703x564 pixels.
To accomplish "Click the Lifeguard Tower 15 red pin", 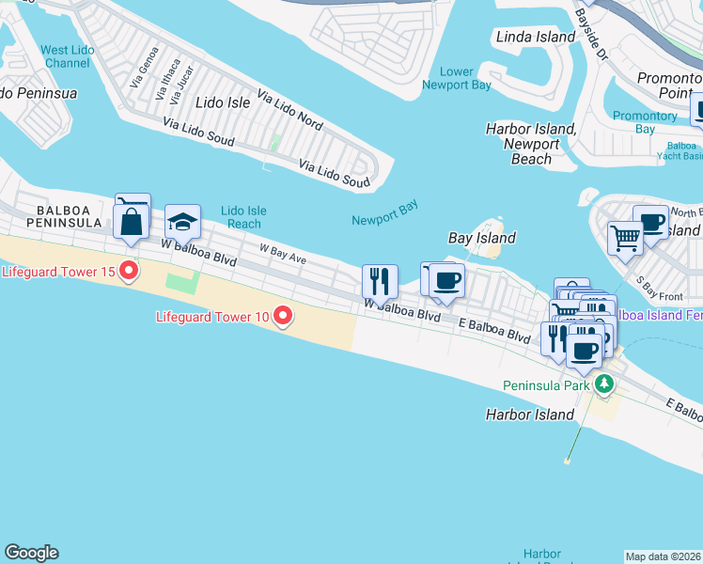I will pos(128,273).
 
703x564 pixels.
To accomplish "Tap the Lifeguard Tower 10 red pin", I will pos(282,317).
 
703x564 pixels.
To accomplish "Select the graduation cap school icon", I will pos(182,222).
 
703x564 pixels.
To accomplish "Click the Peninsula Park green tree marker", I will pos(603,384).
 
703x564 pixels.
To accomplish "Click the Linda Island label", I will pos(535,37).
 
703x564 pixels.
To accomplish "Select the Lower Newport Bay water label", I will pos(457,79).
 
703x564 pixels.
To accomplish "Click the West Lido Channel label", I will pos(67,56).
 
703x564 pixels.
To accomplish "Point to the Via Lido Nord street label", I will pos(289,110).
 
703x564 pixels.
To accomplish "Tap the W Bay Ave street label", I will pos(283,253).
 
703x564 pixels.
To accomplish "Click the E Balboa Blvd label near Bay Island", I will pos(494,329).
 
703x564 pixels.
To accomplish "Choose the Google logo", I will pos(31,553).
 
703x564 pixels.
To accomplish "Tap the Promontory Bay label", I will pos(645,122).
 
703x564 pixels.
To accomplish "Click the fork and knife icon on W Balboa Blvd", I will pos(380,279).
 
